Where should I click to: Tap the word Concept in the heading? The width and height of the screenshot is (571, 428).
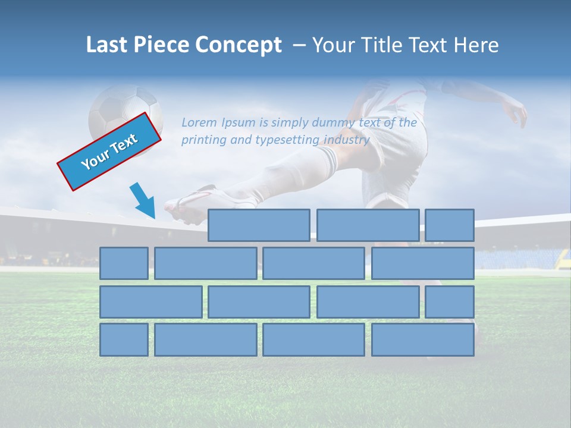pos(239,45)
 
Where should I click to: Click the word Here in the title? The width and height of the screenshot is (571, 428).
pos(475,45)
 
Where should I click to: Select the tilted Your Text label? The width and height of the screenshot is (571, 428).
pos(109,152)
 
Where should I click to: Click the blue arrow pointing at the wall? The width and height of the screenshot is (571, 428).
pos(143,200)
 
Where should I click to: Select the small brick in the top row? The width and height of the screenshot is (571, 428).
pos(449,225)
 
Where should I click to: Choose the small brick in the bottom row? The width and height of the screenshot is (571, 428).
pos(124,339)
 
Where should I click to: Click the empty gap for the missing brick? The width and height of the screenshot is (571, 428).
pos(153,225)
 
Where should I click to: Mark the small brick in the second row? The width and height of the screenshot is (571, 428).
pos(124,263)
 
